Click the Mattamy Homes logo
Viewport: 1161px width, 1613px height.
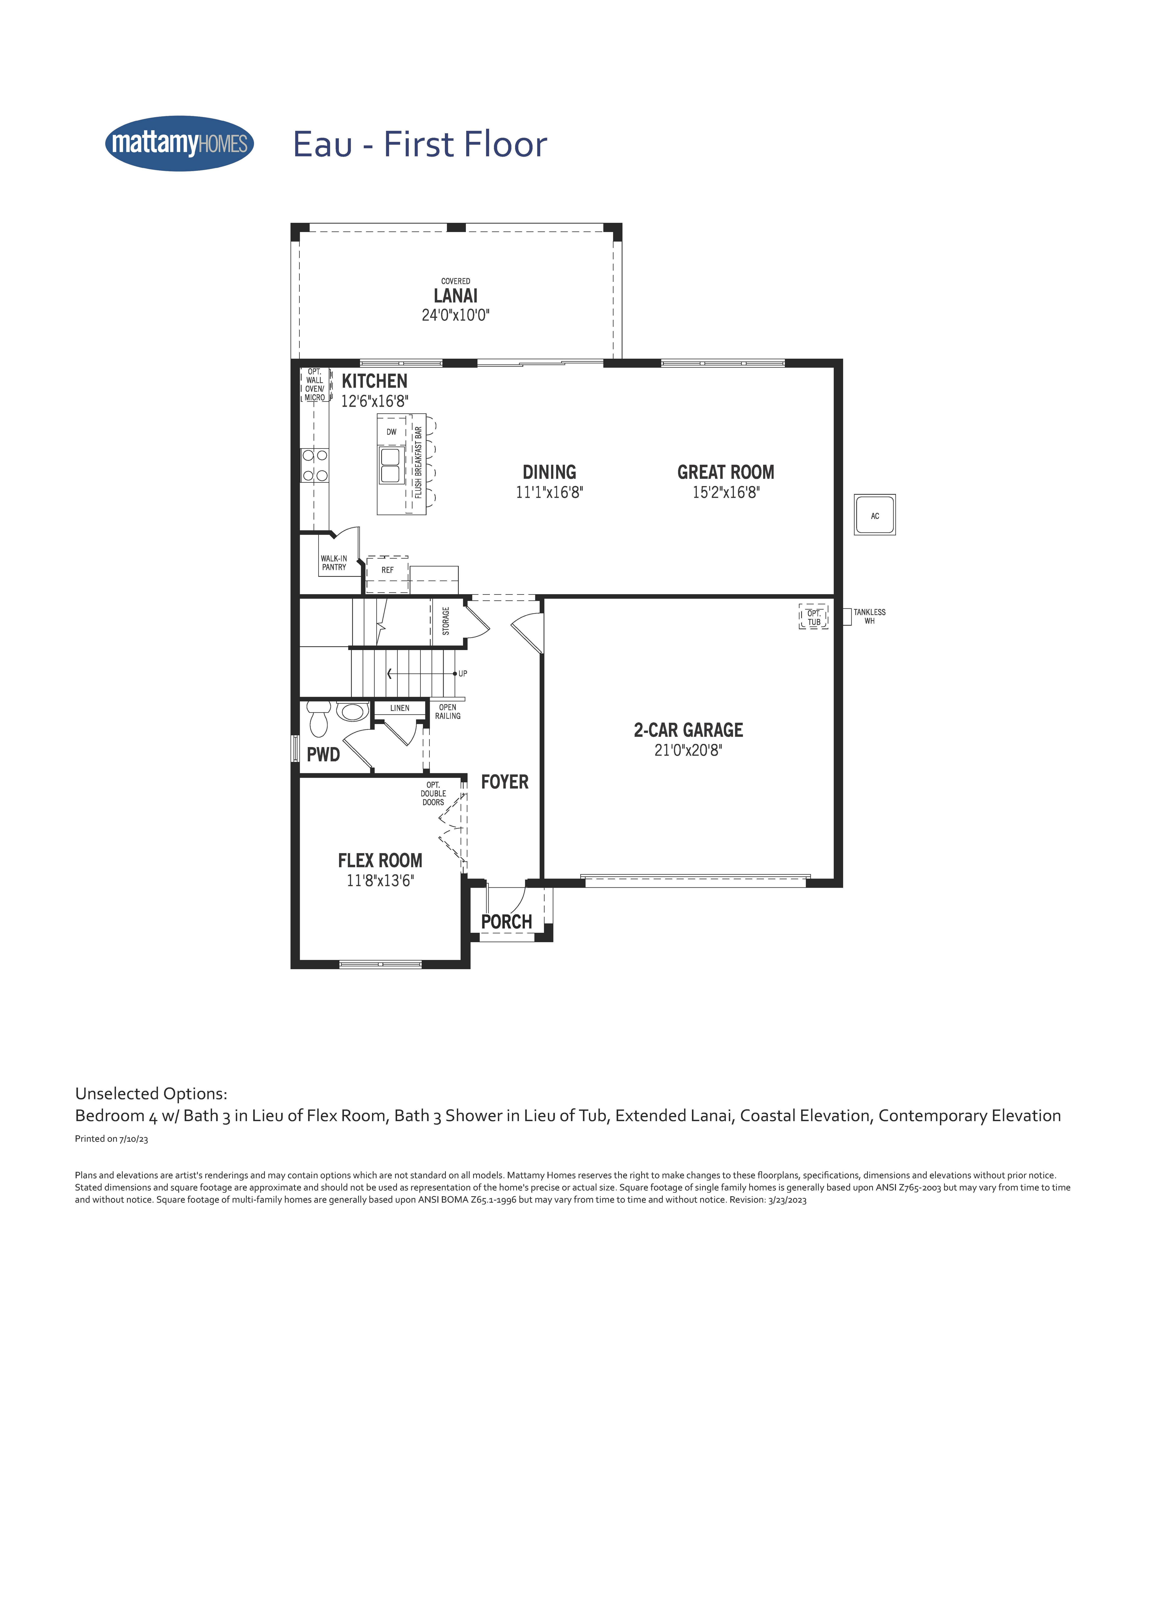tap(179, 144)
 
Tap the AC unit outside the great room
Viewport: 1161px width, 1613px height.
tap(875, 515)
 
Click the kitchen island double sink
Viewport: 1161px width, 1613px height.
tap(390, 465)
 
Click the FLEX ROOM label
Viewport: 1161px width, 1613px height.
tap(380, 861)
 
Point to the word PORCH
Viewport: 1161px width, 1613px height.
tap(506, 922)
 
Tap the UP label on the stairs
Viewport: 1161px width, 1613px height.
tap(463, 673)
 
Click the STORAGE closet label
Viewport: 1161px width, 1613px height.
tap(446, 621)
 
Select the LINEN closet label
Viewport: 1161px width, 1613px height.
tap(399, 708)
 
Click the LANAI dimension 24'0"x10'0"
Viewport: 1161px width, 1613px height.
tap(456, 315)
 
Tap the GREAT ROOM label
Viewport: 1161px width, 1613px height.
tap(726, 472)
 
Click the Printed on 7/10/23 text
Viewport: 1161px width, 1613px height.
tap(112, 1139)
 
